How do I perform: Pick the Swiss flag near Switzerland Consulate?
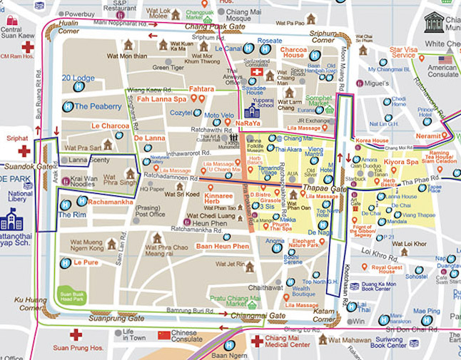point(250,74)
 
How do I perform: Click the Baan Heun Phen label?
point(222,246)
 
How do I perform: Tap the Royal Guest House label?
point(376,269)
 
